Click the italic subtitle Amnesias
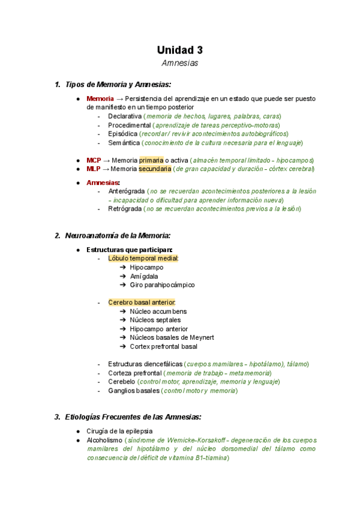tap(180, 63)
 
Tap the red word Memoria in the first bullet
tap(100, 98)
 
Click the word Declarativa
tap(125, 116)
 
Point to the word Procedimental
tap(129, 125)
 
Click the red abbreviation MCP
tap(94, 160)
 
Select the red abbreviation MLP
tap(94, 169)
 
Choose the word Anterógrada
tap(128, 191)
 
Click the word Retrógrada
tap(125, 209)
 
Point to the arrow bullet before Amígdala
tap(122, 276)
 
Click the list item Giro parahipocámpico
tap(162, 285)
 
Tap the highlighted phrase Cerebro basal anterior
tap(142, 303)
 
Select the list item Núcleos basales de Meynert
tap(172, 337)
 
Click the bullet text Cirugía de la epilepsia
tap(119, 431)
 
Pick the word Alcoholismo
tap(106, 440)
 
